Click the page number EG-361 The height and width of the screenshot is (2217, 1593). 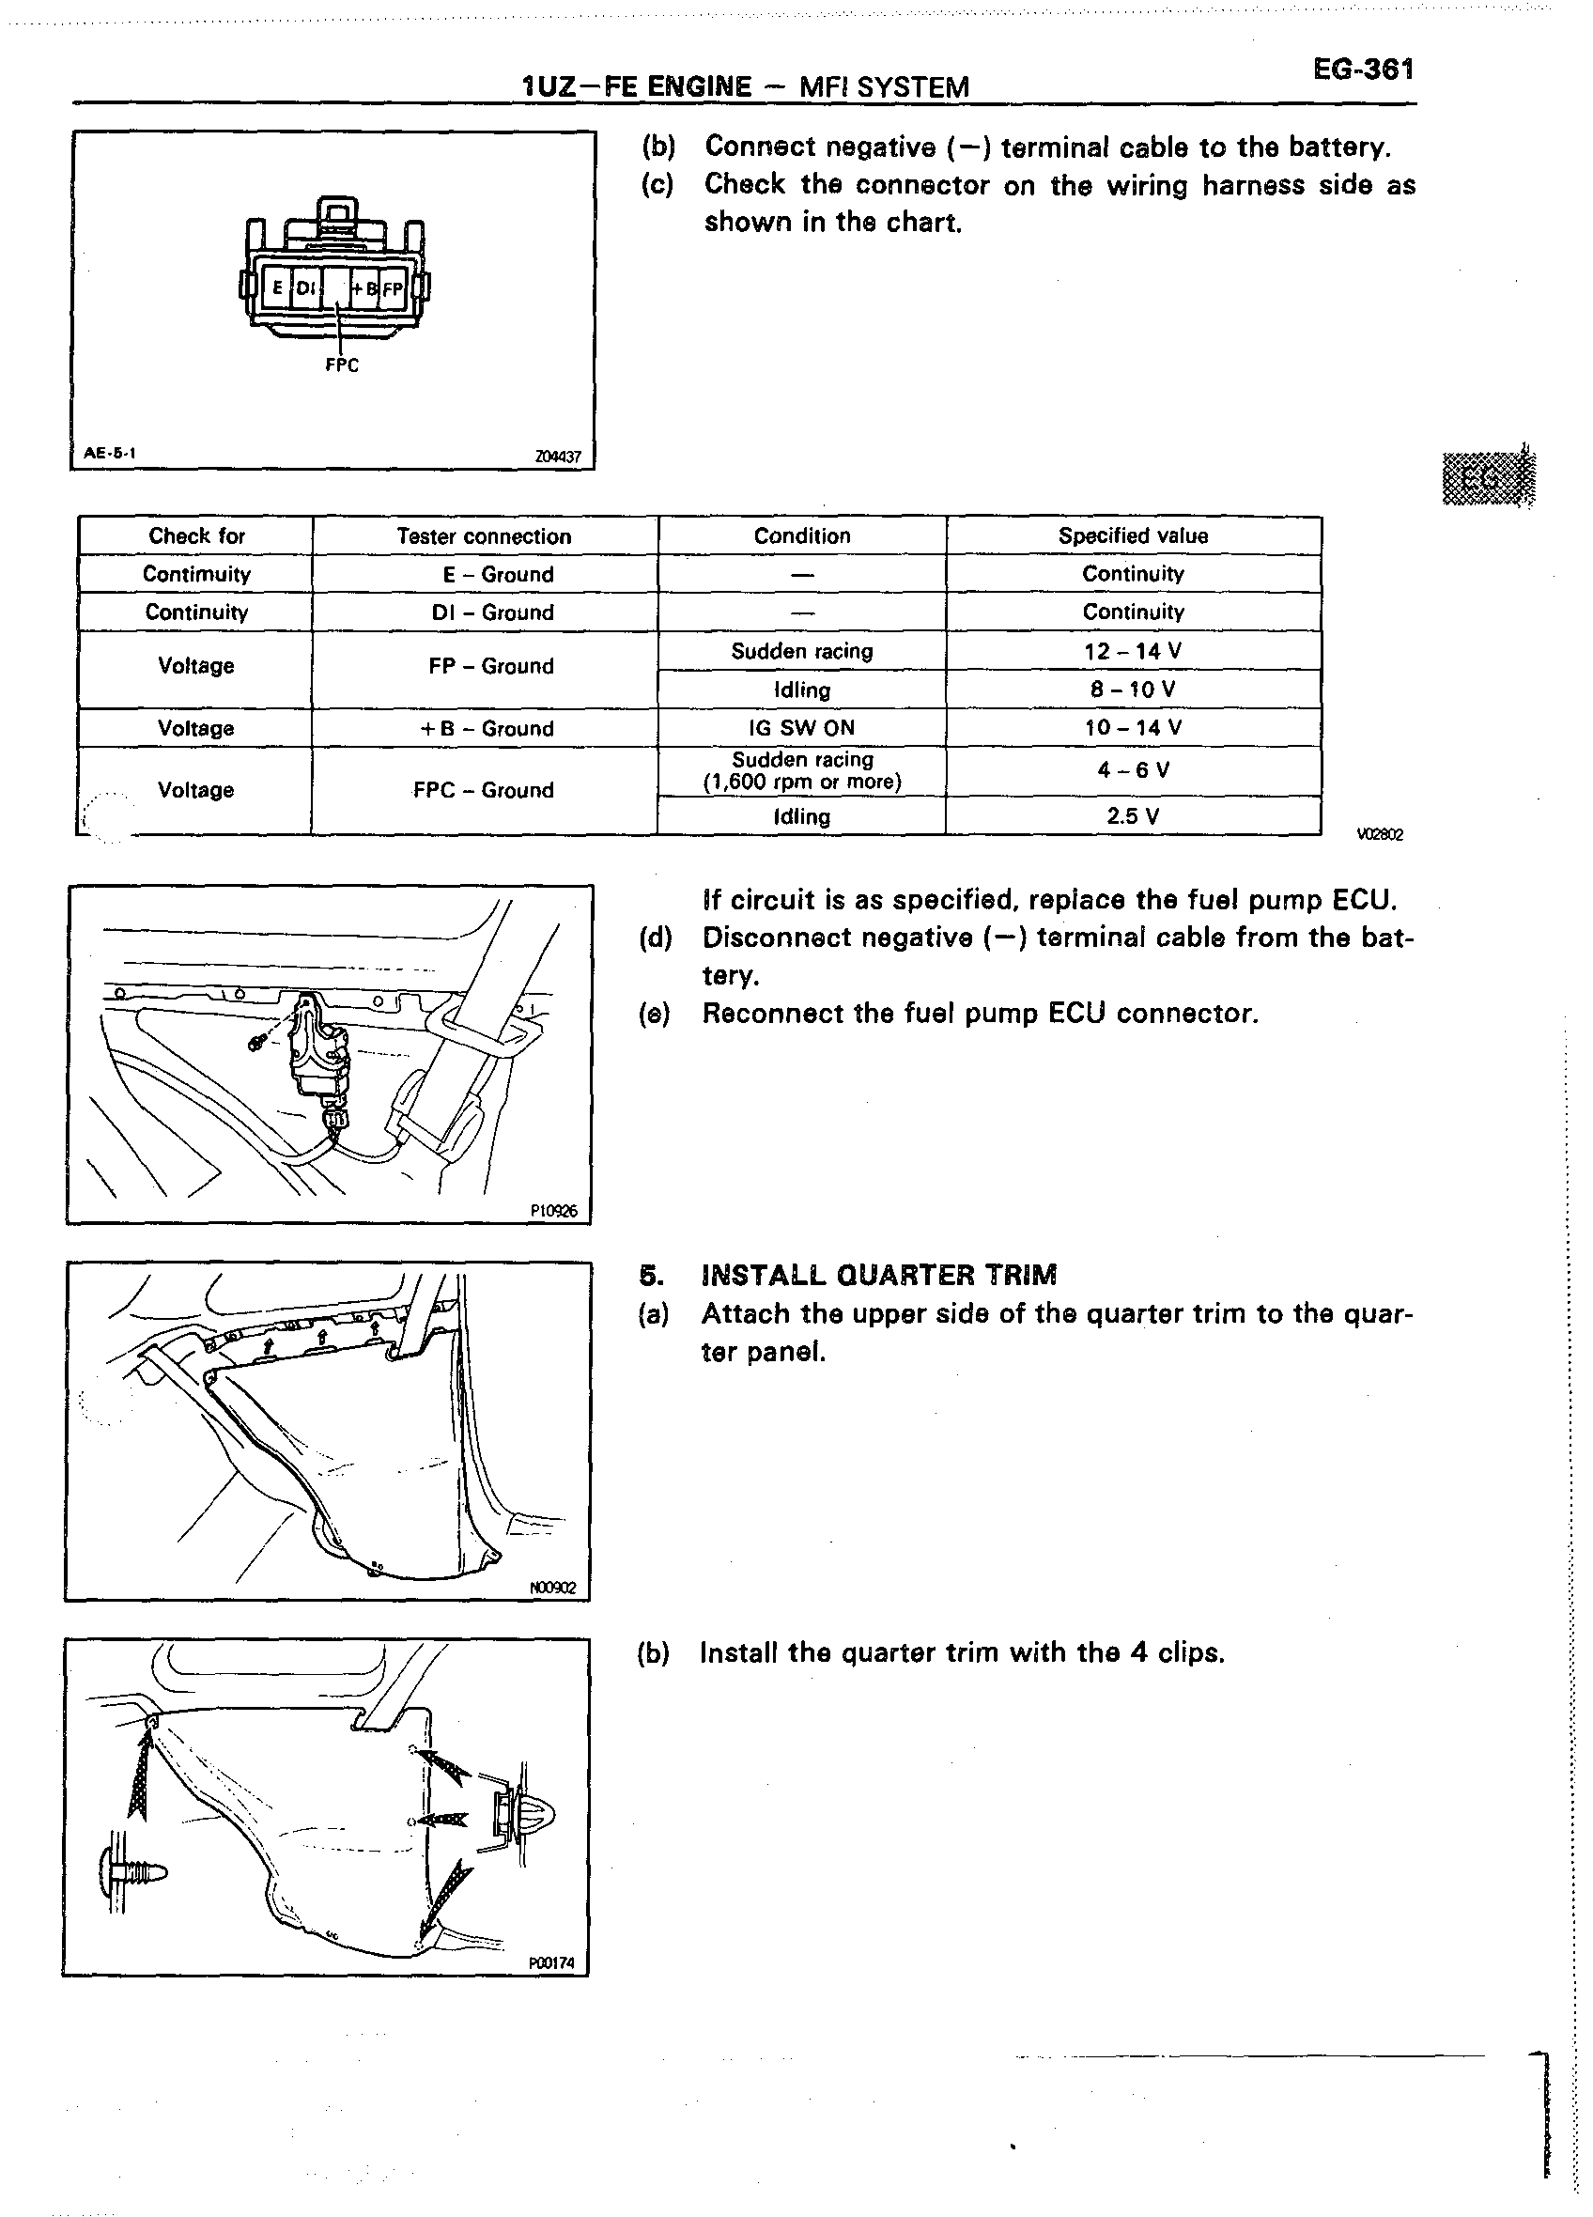[1363, 70]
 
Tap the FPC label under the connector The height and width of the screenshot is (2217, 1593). [341, 365]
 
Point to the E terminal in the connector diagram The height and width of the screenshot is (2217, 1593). [277, 288]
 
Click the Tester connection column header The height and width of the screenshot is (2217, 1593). [484, 535]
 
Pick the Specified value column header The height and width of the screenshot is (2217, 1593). [1133, 535]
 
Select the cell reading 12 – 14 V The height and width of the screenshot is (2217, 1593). [1133, 651]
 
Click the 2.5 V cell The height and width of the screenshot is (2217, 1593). [1133, 816]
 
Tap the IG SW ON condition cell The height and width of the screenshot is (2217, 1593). [801, 728]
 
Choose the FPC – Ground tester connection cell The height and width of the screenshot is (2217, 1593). [484, 790]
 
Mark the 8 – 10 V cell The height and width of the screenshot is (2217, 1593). [1133, 690]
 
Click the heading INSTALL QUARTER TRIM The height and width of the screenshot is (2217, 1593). [878, 1276]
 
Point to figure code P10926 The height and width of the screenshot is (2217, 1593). [553, 1211]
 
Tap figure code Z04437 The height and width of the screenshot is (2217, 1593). [557, 457]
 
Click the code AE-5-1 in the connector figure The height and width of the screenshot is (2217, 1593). [110, 453]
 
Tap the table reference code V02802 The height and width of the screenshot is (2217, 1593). [1379, 835]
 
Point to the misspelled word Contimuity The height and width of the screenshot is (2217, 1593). [196, 575]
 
